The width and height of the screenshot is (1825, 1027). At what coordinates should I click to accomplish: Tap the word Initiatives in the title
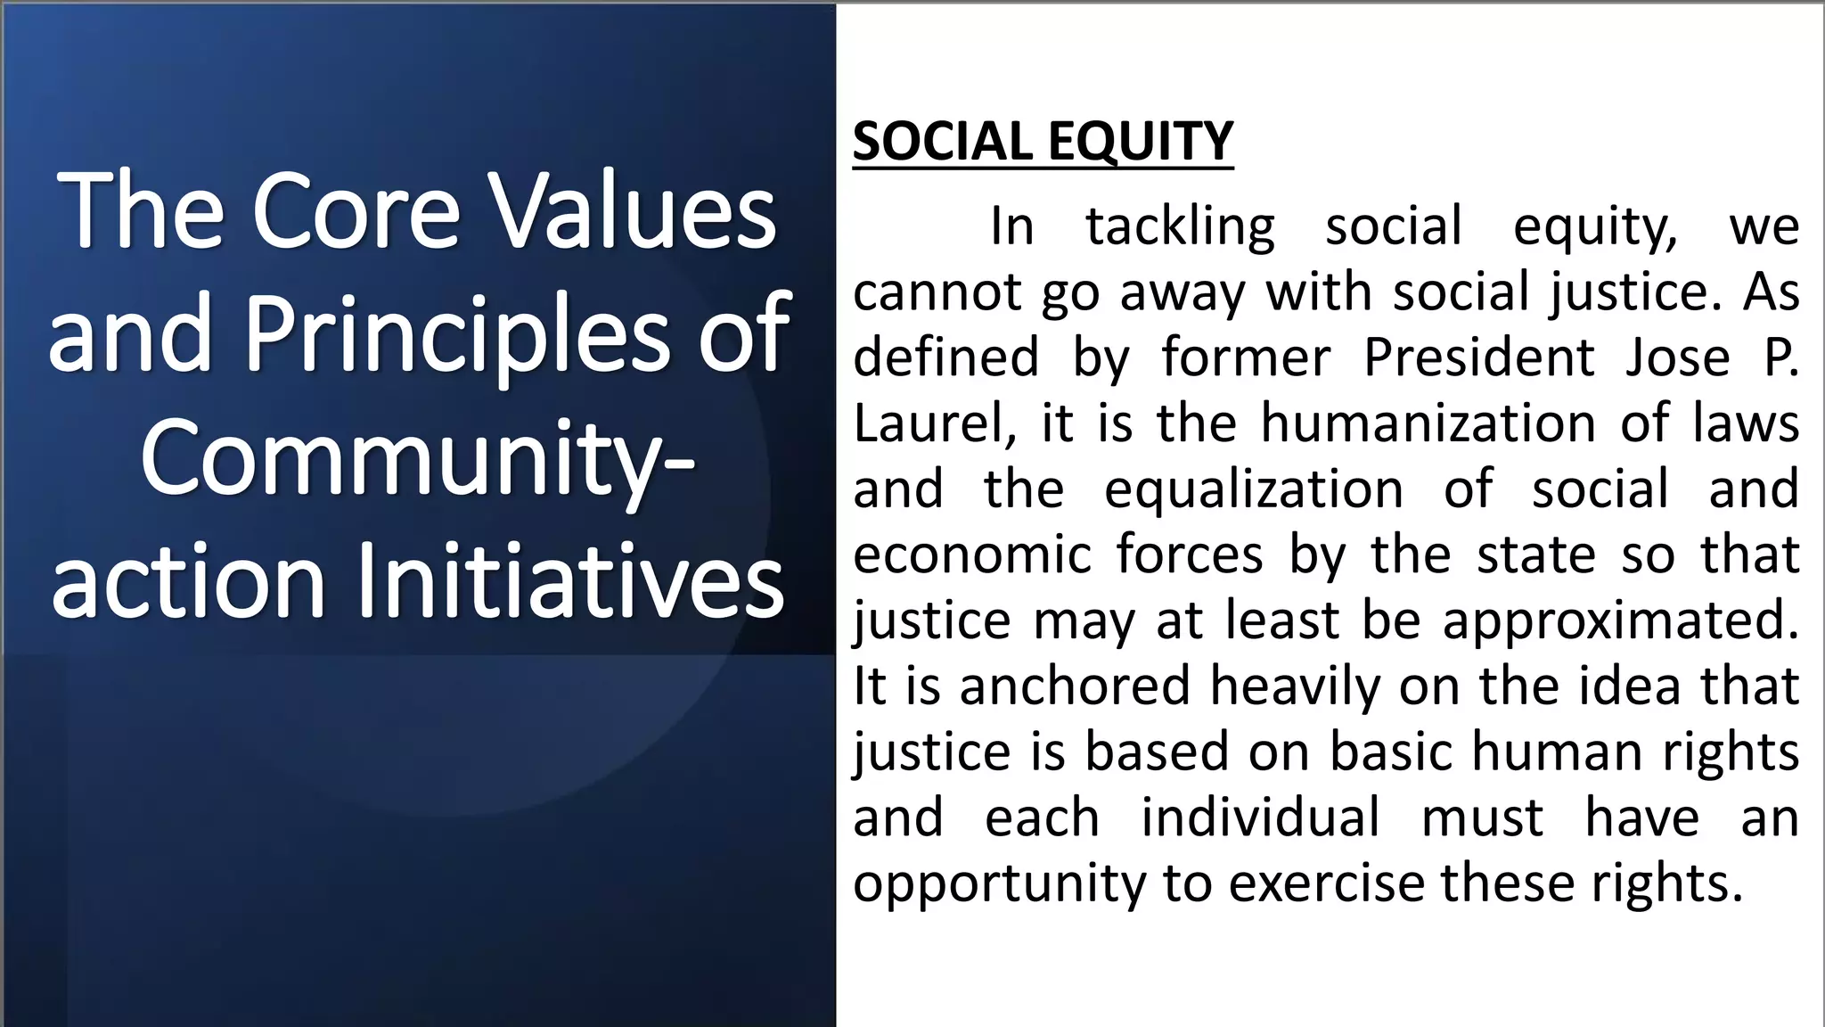[x=570, y=581]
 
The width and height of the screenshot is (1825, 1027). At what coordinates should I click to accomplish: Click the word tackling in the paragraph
[x=1180, y=226]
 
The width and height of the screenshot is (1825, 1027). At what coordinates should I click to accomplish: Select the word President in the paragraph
[x=1479, y=357]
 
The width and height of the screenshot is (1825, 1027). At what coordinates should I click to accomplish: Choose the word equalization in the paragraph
[x=1254, y=489]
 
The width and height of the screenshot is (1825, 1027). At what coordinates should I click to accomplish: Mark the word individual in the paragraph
[x=1260, y=817]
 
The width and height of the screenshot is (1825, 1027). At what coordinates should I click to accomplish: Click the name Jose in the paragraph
[x=1676, y=357]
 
